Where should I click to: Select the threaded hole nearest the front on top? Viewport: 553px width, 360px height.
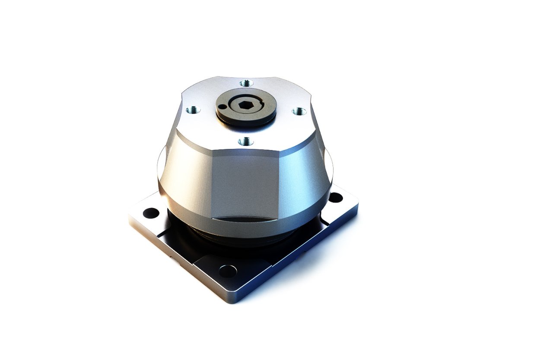[x=245, y=141]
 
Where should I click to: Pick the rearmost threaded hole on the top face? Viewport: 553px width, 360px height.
[x=245, y=83]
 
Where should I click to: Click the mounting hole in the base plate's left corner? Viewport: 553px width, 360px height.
[x=151, y=213]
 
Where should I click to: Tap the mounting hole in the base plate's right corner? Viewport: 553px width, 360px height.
[x=336, y=198]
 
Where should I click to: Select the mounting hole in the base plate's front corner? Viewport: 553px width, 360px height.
[x=228, y=271]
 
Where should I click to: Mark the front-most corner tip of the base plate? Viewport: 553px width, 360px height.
[x=234, y=302]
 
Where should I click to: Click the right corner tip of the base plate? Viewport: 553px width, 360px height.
[x=357, y=207]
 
